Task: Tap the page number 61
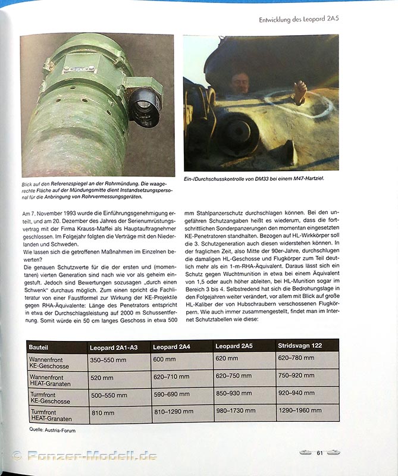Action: (319, 453)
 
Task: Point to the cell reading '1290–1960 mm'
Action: (305, 410)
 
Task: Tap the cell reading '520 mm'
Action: (100, 377)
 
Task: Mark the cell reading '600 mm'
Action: (164, 360)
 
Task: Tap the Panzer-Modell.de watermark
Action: (83, 456)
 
